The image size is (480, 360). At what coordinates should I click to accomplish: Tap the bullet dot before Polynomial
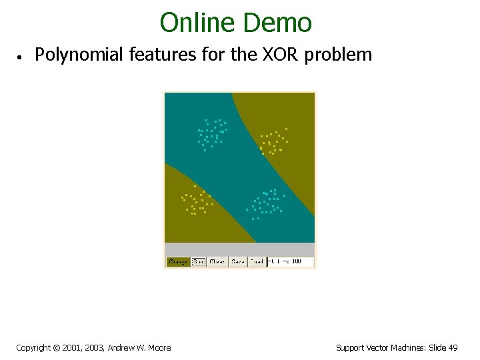[x=21, y=57]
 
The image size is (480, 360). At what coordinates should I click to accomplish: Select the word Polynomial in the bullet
[x=79, y=55]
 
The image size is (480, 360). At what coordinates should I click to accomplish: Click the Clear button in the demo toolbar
[x=217, y=262]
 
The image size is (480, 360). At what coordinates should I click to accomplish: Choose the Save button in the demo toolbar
[x=238, y=262]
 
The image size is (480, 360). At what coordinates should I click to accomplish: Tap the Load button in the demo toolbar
[x=257, y=262]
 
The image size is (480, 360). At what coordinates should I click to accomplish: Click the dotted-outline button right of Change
[x=198, y=262]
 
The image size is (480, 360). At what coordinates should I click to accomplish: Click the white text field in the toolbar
[x=290, y=262]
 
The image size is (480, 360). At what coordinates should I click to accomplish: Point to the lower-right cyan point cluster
[x=266, y=203]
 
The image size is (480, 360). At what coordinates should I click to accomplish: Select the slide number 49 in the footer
[x=453, y=347]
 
